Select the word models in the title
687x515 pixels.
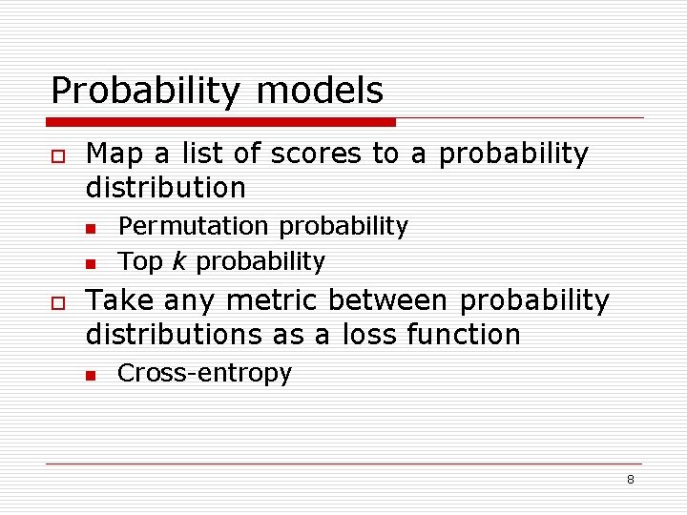tap(320, 92)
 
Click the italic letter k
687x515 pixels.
tap(177, 260)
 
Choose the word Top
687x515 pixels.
tap(139, 261)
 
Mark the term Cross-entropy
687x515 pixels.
tap(204, 374)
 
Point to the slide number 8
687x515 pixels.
tap(630, 480)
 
